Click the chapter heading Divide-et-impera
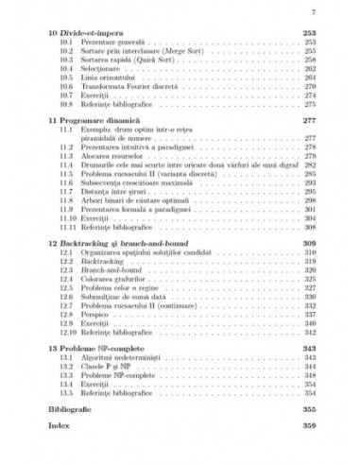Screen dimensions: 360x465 point(93,33)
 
